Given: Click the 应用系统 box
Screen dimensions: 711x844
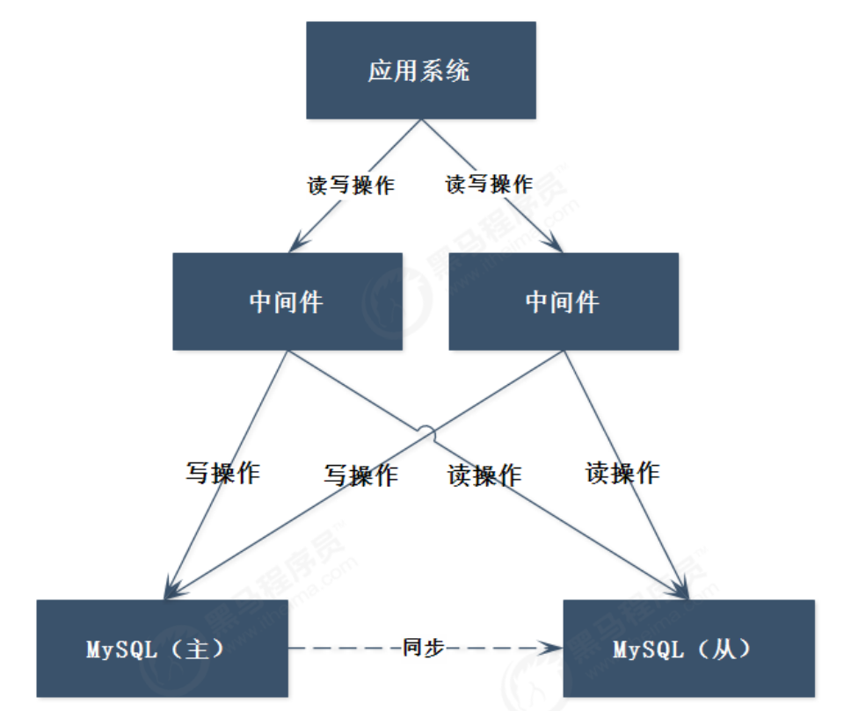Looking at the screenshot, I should (x=420, y=70).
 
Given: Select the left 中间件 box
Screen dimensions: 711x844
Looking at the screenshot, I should (x=287, y=301).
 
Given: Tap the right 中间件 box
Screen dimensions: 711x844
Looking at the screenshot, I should (x=563, y=301).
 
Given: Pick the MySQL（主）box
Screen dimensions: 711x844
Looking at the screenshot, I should (x=163, y=649).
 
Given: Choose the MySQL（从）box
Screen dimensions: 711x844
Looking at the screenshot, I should (x=688, y=649).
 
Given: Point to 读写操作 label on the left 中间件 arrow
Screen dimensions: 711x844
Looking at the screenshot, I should (x=351, y=185).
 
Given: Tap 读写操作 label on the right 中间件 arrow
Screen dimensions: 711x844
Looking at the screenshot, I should (x=489, y=185).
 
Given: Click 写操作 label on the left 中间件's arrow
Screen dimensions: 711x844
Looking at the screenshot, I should (x=222, y=472).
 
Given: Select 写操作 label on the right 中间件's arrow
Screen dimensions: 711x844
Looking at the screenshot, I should (x=360, y=475).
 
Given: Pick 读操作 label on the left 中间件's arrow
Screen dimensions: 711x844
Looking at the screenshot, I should (x=484, y=475).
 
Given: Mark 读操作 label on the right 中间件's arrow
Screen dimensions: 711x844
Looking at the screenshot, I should (x=622, y=473).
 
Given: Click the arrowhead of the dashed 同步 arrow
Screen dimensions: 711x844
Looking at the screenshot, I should (x=555, y=649).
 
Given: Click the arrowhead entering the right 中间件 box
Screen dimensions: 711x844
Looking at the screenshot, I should (x=554, y=244).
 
